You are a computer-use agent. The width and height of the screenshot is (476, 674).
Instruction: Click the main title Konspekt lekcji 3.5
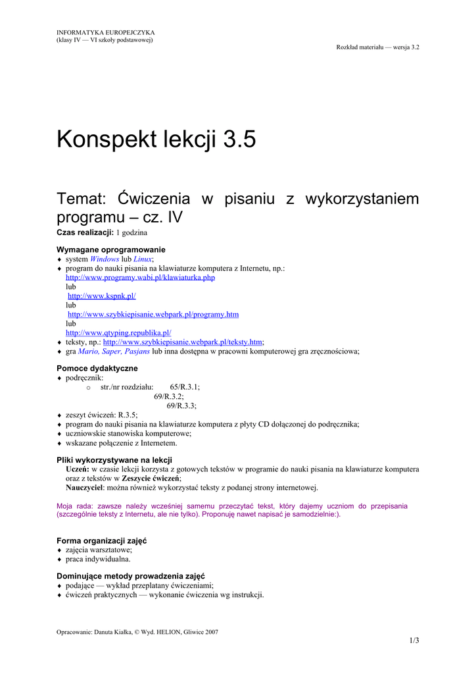pos(156,140)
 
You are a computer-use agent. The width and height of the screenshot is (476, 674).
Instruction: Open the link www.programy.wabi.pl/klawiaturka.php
pos(140,278)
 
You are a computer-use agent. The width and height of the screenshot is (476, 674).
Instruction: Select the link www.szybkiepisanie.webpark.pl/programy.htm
pos(153,315)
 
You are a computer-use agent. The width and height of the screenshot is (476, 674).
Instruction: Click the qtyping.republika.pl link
pos(118,333)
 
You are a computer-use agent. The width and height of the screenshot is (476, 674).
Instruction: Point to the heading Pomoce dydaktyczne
pos(97,368)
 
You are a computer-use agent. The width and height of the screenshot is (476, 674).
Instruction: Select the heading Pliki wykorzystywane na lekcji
pos(114,459)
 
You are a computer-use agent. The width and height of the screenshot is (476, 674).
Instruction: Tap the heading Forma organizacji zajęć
pos(102,540)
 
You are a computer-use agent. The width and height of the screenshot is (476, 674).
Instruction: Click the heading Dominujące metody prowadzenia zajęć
pos(131,575)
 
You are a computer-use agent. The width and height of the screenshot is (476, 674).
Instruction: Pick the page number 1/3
pos(414,640)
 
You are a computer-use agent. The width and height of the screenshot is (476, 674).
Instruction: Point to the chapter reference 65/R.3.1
pos(185,388)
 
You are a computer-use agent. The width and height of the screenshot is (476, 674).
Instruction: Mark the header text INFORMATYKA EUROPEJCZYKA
pos(106,32)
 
